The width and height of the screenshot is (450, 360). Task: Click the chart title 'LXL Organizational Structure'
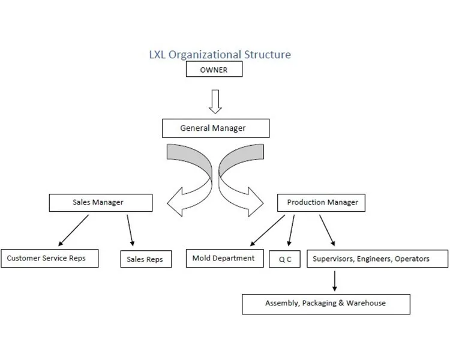click(220, 55)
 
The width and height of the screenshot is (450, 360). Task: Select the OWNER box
click(214, 70)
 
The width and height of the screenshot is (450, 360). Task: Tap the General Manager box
click(215, 128)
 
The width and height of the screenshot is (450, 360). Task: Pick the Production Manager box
click(322, 203)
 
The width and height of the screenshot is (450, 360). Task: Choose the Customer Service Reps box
click(49, 259)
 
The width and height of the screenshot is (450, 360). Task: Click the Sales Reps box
click(145, 259)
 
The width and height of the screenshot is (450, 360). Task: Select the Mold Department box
click(224, 259)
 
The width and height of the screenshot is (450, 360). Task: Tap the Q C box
click(284, 259)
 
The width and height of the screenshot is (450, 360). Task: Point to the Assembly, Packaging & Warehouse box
click(326, 304)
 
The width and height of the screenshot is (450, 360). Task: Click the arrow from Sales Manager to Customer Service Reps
click(73, 230)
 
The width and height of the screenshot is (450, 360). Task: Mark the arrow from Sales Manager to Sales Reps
click(130, 230)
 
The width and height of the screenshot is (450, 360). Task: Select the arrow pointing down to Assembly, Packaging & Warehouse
click(334, 281)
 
